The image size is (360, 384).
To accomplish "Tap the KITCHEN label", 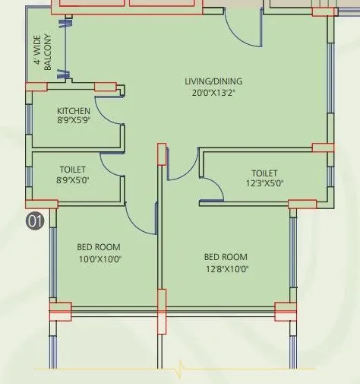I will (x=73, y=111).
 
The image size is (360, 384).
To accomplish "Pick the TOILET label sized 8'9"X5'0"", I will (x=73, y=169).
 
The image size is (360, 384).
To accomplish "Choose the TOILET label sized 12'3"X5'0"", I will (x=264, y=173).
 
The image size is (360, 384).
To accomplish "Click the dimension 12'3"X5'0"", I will (x=264, y=183).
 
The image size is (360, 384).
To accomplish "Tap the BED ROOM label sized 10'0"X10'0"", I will (x=99, y=247).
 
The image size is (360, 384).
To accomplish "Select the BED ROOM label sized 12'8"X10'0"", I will (x=226, y=257).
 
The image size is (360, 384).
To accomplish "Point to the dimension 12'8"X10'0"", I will (x=226, y=268).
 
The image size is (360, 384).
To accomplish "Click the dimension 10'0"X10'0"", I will (x=99, y=259).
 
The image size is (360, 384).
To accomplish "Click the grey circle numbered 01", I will (x=35, y=221).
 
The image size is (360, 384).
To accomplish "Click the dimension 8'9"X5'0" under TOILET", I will (x=73, y=180).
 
